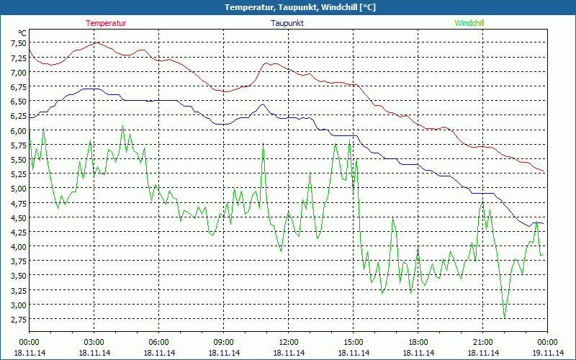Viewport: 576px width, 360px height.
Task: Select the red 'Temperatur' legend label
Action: pyautogui.click(x=106, y=23)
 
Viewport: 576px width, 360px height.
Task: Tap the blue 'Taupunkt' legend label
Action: pyautogui.click(x=287, y=23)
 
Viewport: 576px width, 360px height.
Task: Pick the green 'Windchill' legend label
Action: pyautogui.click(x=469, y=23)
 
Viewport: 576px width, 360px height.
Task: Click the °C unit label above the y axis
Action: pyautogui.click(x=22, y=33)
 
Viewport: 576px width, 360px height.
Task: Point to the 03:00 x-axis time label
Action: pyautogui.click(x=94, y=342)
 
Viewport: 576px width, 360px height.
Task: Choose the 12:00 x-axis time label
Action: pyautogui.click(x=289, y=342)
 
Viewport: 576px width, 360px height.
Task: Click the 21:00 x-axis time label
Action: pyautogui.click(x=483, y=342)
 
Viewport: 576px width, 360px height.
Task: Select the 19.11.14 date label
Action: pyautogui.click(x=548, y=353)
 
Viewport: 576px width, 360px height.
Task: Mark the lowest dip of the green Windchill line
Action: pyautogui.click(x=505, y=318)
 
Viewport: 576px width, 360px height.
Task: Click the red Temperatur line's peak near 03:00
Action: pyautogui.click(x=96, y=42)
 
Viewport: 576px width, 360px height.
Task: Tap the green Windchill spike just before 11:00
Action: pyautogui.click(x=264, y=147)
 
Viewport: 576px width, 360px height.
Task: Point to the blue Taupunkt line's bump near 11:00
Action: pyautogui.click(x=262, y=104)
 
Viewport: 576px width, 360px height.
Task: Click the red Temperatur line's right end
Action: pyautogui.click(x=544, y=171)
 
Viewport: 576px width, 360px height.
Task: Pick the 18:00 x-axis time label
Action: pyautogui.click(x=418, y=342)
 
